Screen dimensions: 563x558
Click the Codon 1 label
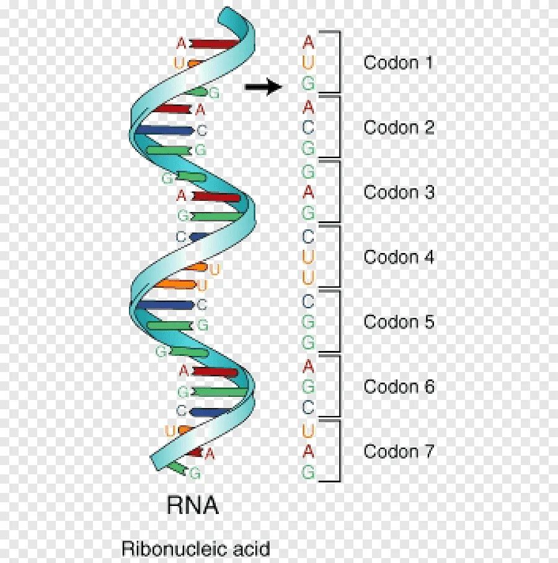tap(399, 63)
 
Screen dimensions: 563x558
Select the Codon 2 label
tap(399, 128)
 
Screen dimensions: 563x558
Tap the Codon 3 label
tap(399, 192)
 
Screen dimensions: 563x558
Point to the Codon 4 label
tap(399, 257)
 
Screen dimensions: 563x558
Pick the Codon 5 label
tap(399, 322)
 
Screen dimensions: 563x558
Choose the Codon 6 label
tap(399, 387)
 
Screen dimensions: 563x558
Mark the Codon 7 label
tap(399, 451)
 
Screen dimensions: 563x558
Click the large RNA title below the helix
tap(193, 505)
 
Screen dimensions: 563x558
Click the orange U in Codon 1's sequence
tap(308, 63)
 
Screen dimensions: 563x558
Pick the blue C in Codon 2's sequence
tap(308, 128)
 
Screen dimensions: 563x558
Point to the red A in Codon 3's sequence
tap(308, 192)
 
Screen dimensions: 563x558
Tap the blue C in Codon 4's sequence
tap(308, 236)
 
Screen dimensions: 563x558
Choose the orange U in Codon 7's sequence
tap(308, 430)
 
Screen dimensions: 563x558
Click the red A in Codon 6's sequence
tap(308, 366)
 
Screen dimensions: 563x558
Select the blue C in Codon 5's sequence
tap(308, 301)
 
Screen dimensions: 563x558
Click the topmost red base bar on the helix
tap(214, 44)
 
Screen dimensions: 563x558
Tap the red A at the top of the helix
tap(181, 43)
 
